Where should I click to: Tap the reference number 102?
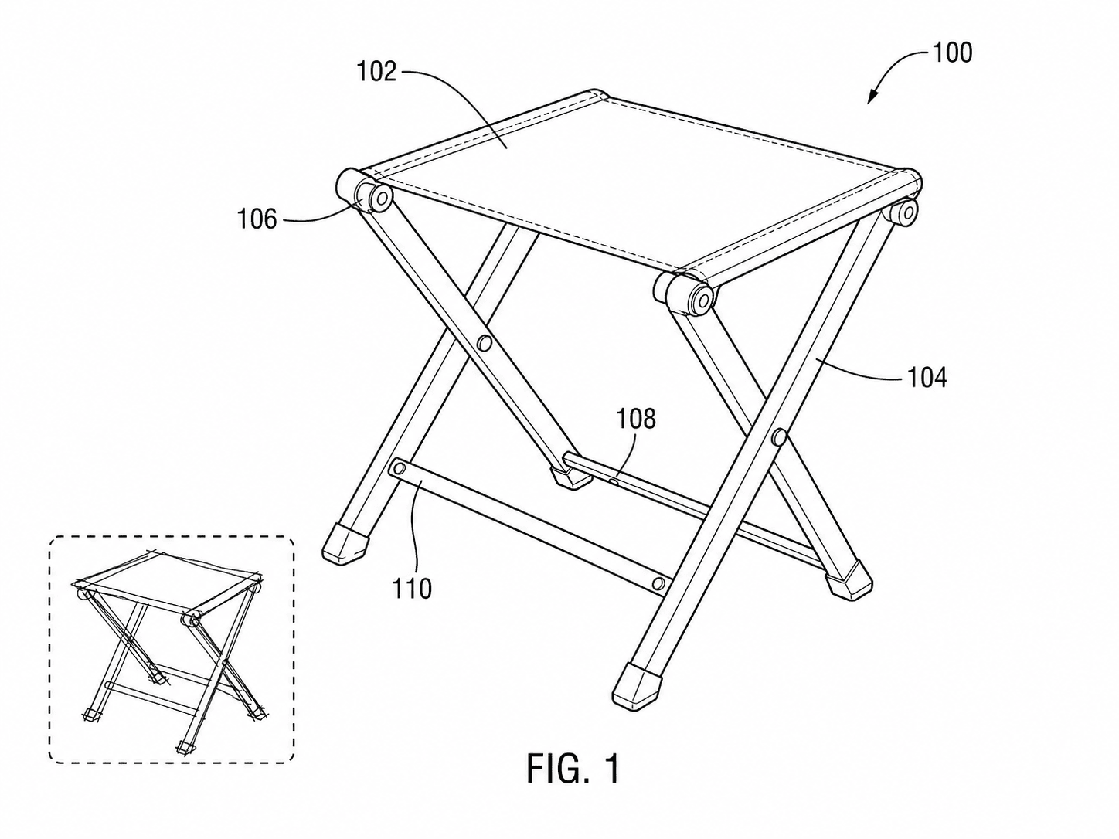pos(376,72)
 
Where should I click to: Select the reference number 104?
pos(927,378)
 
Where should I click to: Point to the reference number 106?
pos(257,219)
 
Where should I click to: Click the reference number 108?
pos(636,419)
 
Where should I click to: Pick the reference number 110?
pos(412,589)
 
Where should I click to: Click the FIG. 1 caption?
pos(573,769)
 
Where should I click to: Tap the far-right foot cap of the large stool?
pos(849,582)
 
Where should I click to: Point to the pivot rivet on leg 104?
pos(779,437)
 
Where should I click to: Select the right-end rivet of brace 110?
pos(658,583)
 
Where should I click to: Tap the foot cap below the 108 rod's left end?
pos(572,477)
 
